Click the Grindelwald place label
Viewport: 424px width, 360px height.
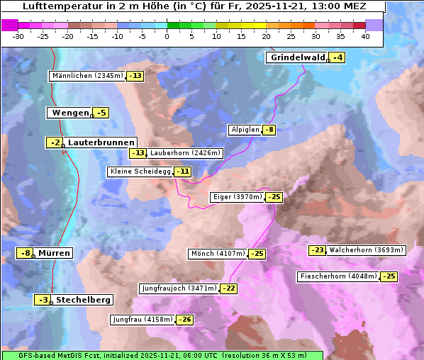pos(298,57)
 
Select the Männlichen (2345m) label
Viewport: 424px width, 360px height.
pos(88,76)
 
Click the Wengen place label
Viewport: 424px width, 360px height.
pos(69,113)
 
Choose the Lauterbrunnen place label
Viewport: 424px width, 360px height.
pos(101,142)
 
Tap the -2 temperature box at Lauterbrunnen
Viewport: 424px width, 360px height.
pos(55,142)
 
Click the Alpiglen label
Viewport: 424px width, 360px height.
pos(245,130)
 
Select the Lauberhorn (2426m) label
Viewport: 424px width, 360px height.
pos(186,152)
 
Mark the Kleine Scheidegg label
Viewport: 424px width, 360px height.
pos(140,171)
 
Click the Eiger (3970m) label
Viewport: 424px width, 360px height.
pos(237,197)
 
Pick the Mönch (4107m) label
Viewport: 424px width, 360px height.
pos(218,254)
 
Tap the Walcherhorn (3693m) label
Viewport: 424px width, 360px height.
pos(367,249)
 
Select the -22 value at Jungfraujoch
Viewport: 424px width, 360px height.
pos(229,288)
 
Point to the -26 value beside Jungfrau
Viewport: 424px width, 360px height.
pos(184,320)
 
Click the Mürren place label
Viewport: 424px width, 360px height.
pos(54,253)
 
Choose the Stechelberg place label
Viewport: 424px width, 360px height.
pos(83,300)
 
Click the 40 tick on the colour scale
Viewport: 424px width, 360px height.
pos(365,36)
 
